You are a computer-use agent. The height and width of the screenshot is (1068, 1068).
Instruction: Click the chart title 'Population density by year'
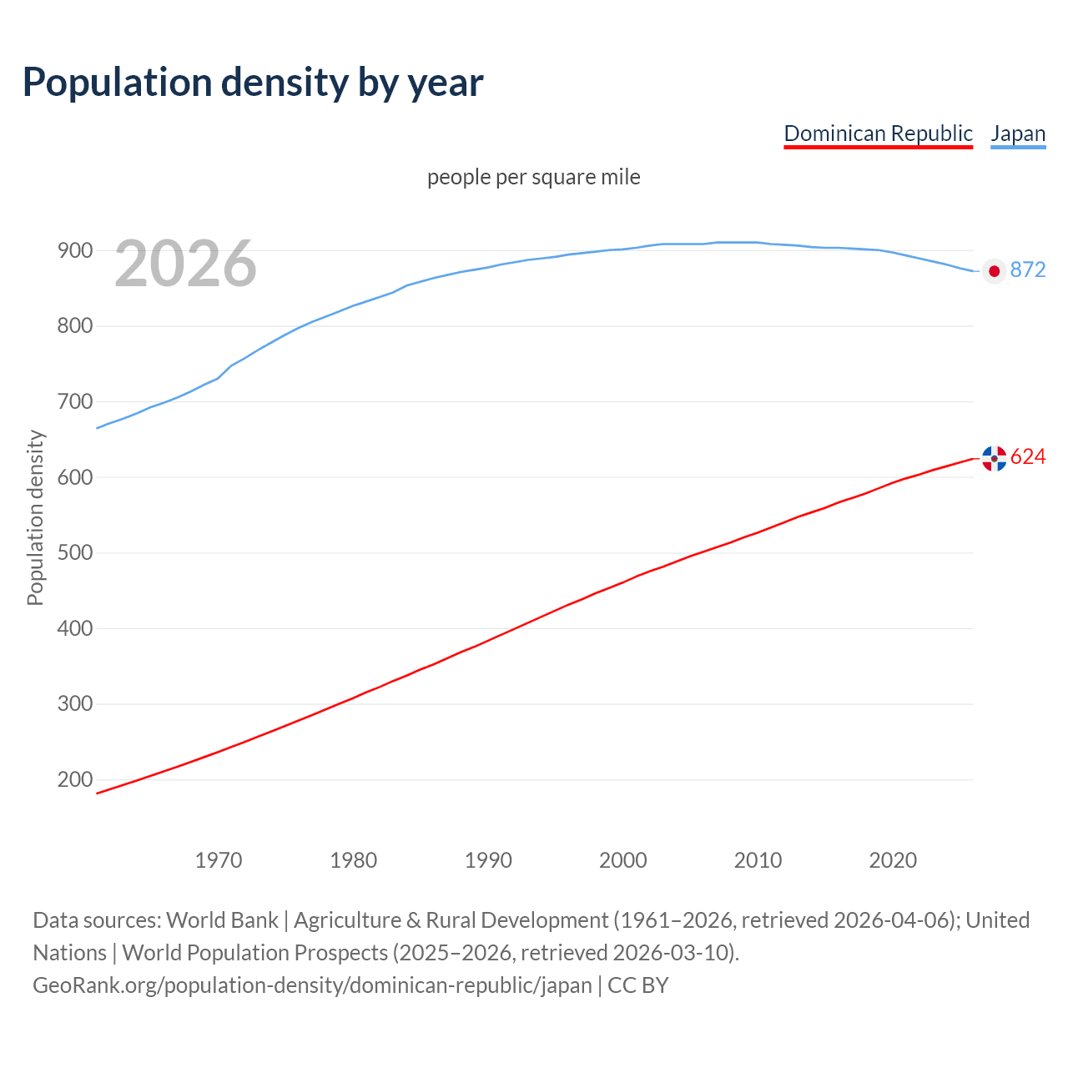click(253, 82)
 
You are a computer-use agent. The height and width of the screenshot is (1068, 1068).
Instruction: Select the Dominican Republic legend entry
click(878, 133)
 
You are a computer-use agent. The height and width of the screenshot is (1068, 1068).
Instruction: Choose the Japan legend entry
click(1018, 133)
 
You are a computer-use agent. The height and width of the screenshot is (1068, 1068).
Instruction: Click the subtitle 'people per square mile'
click(534, 177)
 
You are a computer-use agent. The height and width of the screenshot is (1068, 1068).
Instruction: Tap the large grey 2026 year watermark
click(185, 264)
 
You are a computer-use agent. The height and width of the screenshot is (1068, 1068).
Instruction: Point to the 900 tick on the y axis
click(74, 250)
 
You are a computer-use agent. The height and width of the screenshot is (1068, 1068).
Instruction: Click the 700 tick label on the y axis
click(74, 401)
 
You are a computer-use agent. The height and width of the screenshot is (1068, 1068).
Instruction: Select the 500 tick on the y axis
click(74, 552)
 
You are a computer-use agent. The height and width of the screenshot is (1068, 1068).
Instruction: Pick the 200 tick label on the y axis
click(74, 779)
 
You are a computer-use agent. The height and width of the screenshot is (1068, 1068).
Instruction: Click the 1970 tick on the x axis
click(219, 860)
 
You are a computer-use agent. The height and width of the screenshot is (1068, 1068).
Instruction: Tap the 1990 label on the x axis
click(488, 860)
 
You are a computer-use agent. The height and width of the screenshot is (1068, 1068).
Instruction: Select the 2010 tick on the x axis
click(758, 860)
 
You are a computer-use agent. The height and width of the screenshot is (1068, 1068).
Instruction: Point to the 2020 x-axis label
click(893, 860)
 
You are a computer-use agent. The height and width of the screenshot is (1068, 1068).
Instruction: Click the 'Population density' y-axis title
click(35, 517)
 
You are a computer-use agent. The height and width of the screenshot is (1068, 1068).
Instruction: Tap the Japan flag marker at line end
click(994, 270)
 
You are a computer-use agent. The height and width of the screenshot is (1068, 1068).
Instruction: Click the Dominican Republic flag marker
click(994, 458)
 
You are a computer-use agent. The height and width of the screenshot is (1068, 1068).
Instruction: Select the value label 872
click(1028, 270)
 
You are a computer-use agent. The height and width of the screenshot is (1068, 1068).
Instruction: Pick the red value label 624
click(1028, 456)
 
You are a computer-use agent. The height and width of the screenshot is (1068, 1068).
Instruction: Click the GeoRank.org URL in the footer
click(312, 985)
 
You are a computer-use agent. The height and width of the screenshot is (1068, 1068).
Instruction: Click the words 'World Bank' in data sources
click(222, 920)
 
